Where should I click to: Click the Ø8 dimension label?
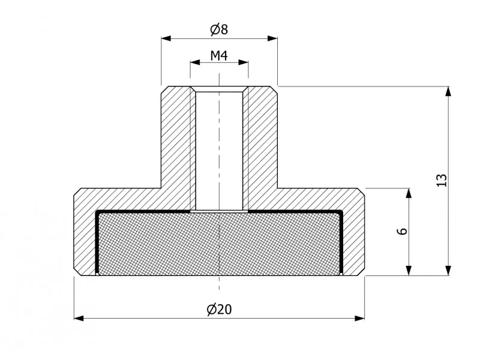[x=219, y=29]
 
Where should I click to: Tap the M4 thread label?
[x=219, y=56]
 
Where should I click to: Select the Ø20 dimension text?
[x=219, y=310]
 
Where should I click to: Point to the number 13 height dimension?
[x=442, y=180]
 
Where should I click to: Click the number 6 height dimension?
[x=403, y=231]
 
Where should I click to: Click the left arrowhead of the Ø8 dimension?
[x=166, y=38]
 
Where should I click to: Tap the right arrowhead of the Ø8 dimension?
[x=272, y=38]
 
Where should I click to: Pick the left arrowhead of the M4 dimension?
[x=195, y=62]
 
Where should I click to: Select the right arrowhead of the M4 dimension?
[x=243, y=62]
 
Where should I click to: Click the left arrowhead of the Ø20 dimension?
[x=79, y=319]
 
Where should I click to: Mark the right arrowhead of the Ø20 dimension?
[x=359, y=319]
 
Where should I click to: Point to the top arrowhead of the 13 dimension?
[x=448, y=92]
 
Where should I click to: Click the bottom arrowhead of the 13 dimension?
[x=448, y=271]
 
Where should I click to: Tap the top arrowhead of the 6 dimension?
[x=409, y=193]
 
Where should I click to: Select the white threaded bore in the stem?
[x=219, y=151]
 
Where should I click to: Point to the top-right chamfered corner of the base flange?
[x=361, y=191]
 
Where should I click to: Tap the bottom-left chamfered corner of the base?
[x=77, y=272]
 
